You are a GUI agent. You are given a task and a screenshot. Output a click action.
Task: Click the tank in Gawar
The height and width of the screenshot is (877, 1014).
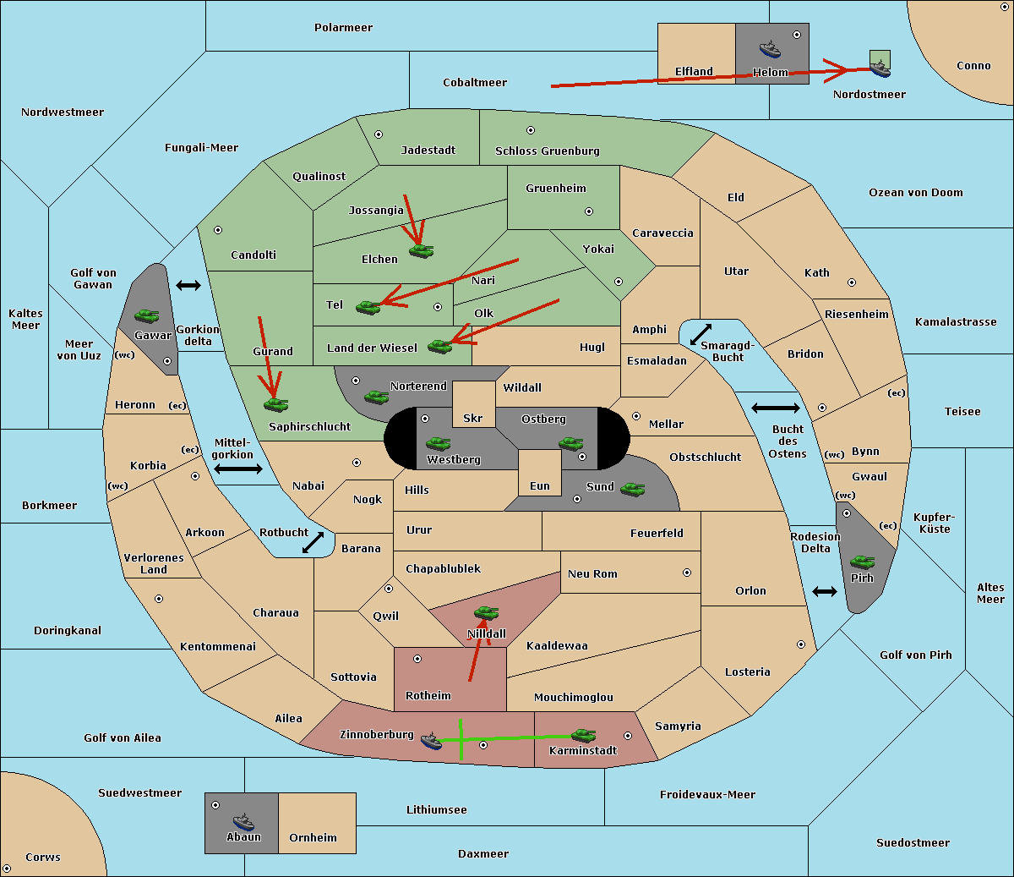(147, 315)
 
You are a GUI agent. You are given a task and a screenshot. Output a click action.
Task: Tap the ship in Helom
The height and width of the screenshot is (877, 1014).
(770, 49)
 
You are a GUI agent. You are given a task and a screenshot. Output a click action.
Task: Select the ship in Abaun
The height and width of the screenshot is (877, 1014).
(243, 821)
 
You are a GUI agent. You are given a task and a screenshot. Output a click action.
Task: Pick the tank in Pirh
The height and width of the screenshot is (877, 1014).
(862, 562)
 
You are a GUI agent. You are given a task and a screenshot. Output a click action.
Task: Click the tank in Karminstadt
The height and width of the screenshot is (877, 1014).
(583, 736)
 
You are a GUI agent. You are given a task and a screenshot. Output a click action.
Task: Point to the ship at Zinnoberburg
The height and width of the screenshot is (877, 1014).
(432, 741)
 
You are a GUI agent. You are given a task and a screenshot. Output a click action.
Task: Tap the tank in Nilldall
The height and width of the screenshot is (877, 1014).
(486, 613)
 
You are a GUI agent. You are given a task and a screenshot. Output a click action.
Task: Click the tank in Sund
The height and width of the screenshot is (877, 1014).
(632, 489)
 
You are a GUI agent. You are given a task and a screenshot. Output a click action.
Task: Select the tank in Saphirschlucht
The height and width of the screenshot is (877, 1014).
(275, 404)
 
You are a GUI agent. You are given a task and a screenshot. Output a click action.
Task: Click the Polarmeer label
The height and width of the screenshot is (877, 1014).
(343, 28)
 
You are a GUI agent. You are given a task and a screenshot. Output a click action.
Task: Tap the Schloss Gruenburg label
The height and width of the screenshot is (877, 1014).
(548, 151)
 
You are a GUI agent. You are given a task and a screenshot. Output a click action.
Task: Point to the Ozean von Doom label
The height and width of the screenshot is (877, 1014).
(916, 193)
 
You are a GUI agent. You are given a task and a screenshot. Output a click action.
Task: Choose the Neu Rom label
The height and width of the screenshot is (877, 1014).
(592, 573)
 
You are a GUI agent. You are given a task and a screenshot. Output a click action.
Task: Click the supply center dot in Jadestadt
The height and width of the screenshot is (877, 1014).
(379, 134)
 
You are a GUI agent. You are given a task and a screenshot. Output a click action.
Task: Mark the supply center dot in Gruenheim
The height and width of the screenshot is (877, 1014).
(589, 211)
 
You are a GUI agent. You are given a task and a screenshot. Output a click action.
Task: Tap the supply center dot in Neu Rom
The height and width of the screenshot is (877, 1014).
(687, 573)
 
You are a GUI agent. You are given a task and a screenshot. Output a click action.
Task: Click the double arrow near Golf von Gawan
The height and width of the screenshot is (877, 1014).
(188, 285)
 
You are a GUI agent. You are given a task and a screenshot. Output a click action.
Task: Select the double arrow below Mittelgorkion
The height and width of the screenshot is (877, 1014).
(238, 469)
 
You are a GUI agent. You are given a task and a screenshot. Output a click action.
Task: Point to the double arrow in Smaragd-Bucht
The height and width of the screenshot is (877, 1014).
(701, 334)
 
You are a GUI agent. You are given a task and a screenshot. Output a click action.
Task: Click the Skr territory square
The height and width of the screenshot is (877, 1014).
(473, 404)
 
